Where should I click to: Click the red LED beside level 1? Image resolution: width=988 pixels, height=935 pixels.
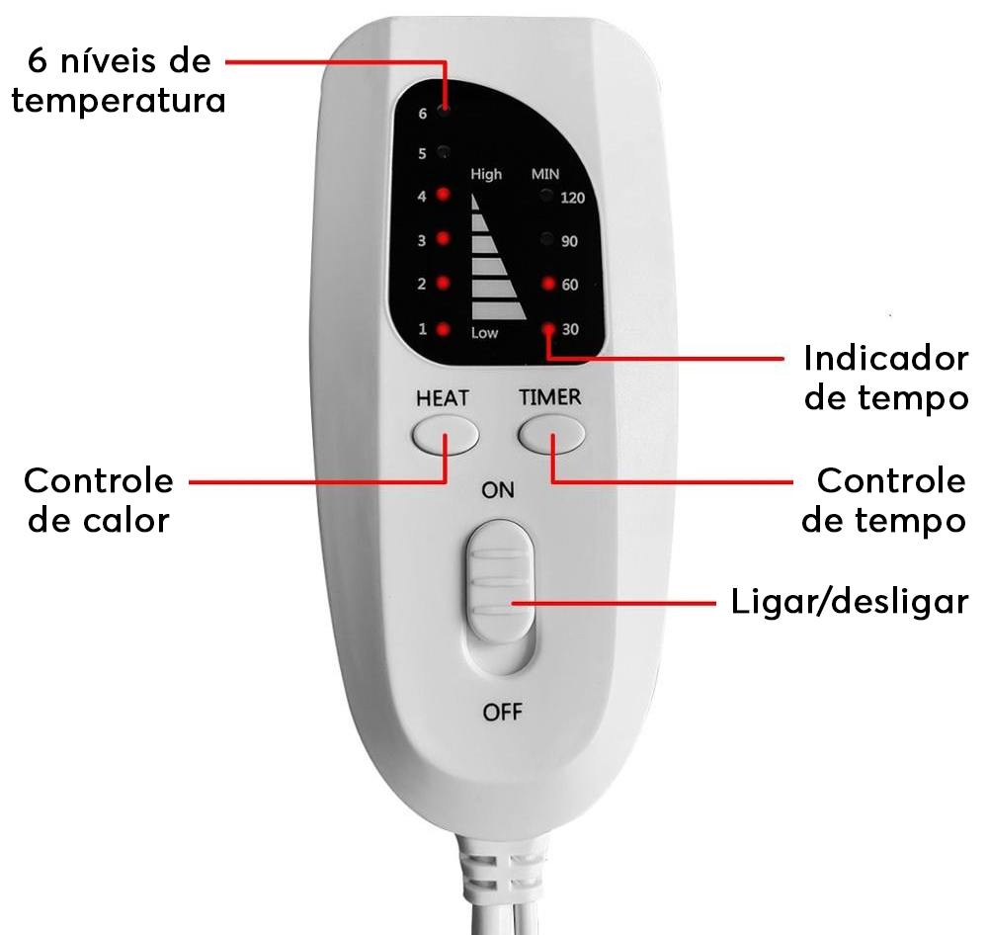click(443, 329)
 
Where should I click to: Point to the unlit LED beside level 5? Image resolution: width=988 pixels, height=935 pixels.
click(444, 152)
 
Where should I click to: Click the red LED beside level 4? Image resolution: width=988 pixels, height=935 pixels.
click(443, 195)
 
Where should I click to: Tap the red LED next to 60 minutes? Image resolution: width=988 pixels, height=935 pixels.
click(547, 285)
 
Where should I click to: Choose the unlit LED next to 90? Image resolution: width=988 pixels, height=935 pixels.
click(546, 239)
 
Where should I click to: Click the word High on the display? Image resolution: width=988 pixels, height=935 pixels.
click(486, 174)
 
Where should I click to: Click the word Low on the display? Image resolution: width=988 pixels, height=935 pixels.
click(484, 333)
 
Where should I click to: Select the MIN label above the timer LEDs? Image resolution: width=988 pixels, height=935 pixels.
click(545, 174)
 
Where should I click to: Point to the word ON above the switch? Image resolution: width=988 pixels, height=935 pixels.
click(497, 490)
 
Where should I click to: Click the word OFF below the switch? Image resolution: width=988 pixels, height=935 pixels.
click(502, 712)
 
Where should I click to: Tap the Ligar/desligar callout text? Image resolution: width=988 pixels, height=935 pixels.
click(849, 602)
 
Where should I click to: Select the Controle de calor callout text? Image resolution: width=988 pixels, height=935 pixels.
click(99, 500)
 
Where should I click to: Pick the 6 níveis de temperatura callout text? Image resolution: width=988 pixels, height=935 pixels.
click(119, 81)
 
